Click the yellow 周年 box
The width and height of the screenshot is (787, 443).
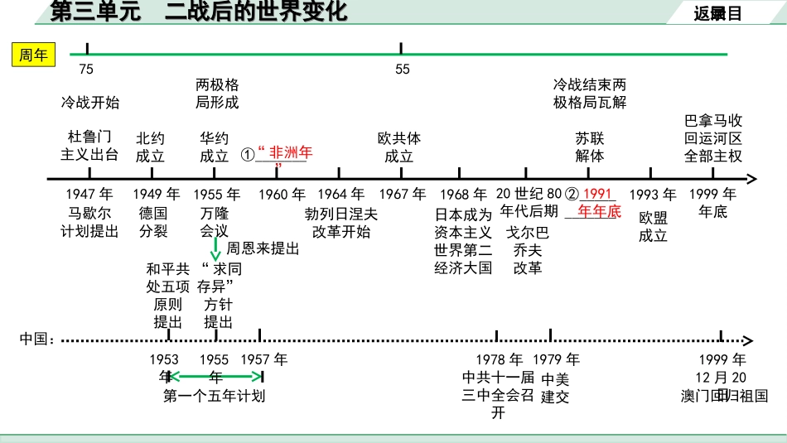point(34,55)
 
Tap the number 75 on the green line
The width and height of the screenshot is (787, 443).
point(87,70)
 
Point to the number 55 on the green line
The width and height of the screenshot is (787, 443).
point(402,70)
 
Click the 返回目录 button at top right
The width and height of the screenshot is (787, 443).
point(717,12)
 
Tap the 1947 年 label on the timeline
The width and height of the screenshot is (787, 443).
point(89,195)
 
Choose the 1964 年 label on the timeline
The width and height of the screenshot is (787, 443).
point(340,195)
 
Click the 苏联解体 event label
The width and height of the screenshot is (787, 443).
point(590,147)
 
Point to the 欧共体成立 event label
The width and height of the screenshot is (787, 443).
point(399,147)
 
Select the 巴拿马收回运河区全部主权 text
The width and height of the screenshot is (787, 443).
point(713,138)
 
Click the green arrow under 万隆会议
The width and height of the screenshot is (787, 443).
point(215,248)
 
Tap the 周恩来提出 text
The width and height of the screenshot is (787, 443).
point(263,248)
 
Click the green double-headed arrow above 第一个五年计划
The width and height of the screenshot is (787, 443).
point(215,377)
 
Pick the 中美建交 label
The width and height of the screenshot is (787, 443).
point(555,388)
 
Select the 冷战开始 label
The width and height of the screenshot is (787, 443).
point(89,103)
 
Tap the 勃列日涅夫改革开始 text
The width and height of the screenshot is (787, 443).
point(341,223)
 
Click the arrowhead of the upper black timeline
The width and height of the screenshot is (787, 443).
point(751,178)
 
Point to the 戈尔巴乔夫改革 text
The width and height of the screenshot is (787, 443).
point(528,250)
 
